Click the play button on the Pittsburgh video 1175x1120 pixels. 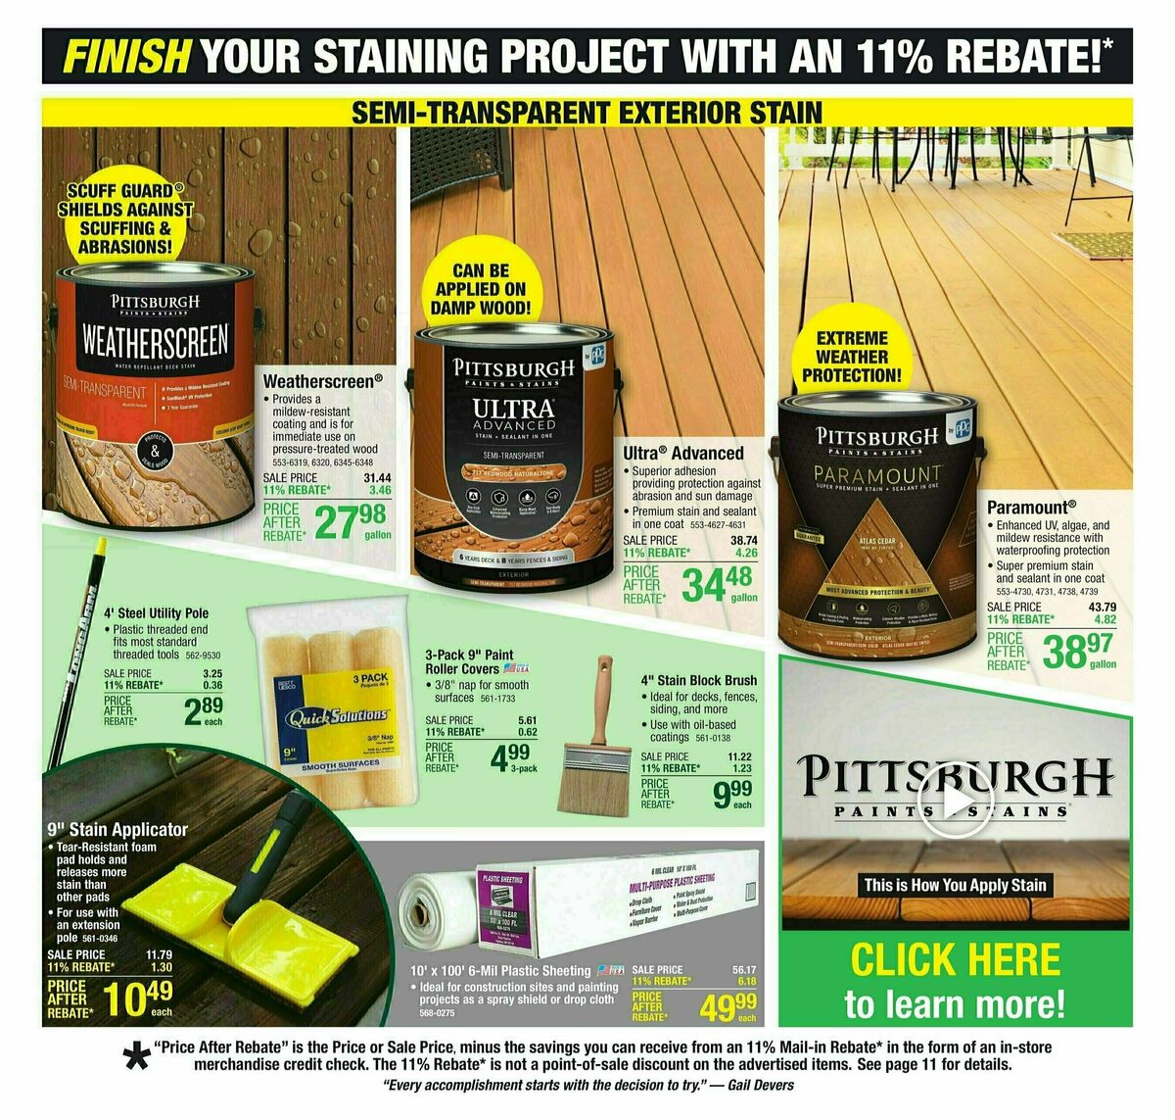click(x=954, y=802)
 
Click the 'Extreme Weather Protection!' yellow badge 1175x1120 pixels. click(x=851, y=356)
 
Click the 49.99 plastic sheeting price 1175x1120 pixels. click(x=728, y=1004)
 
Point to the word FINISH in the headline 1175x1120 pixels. click(x=126, y=56)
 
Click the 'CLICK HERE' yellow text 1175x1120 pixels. click(x=955, y=960)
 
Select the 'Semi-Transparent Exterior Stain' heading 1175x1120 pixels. click(x=587, y=112)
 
